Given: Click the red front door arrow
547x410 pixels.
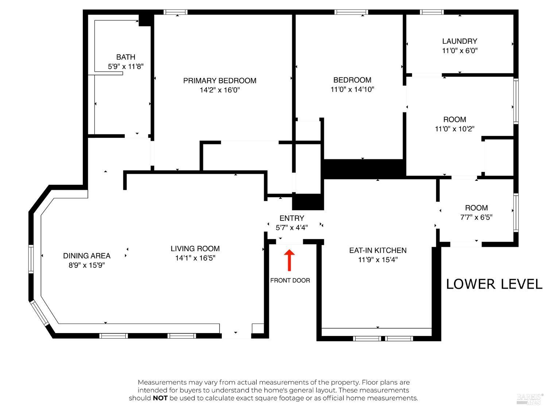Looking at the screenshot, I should pos(289,260).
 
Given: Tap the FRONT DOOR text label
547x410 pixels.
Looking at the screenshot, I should pos(290,280).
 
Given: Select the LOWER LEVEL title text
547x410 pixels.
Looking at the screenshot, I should pos(494,284).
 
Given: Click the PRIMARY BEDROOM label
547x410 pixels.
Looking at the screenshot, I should pos(220,81).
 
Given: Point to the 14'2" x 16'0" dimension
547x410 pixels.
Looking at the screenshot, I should pos(220,90).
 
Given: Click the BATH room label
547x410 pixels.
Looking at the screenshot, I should pos(125,57).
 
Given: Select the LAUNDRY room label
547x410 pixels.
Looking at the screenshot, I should pos(459,41).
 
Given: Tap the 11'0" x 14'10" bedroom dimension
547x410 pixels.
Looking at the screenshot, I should pos(352,89).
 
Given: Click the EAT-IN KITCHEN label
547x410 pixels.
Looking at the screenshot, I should pos(378,250).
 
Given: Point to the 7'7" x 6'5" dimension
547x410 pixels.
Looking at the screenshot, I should pos(476,217).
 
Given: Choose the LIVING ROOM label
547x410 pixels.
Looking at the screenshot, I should pos(195,249).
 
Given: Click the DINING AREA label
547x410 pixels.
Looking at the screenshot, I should pos(87,256).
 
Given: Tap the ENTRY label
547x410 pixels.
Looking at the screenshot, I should pos(292,218).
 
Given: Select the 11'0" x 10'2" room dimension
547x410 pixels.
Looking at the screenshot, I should pos(454,129).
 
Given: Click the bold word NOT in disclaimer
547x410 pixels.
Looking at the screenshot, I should pos(160,398).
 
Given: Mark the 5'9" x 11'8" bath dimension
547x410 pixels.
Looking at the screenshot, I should pos(125,66).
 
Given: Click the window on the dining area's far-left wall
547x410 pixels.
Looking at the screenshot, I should pos(31,259).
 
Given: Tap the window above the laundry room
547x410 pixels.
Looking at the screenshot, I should pos(432,12).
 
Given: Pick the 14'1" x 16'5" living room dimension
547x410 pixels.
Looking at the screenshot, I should pos(195,258).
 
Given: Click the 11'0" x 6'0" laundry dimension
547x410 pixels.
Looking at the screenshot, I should pos(459,51).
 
